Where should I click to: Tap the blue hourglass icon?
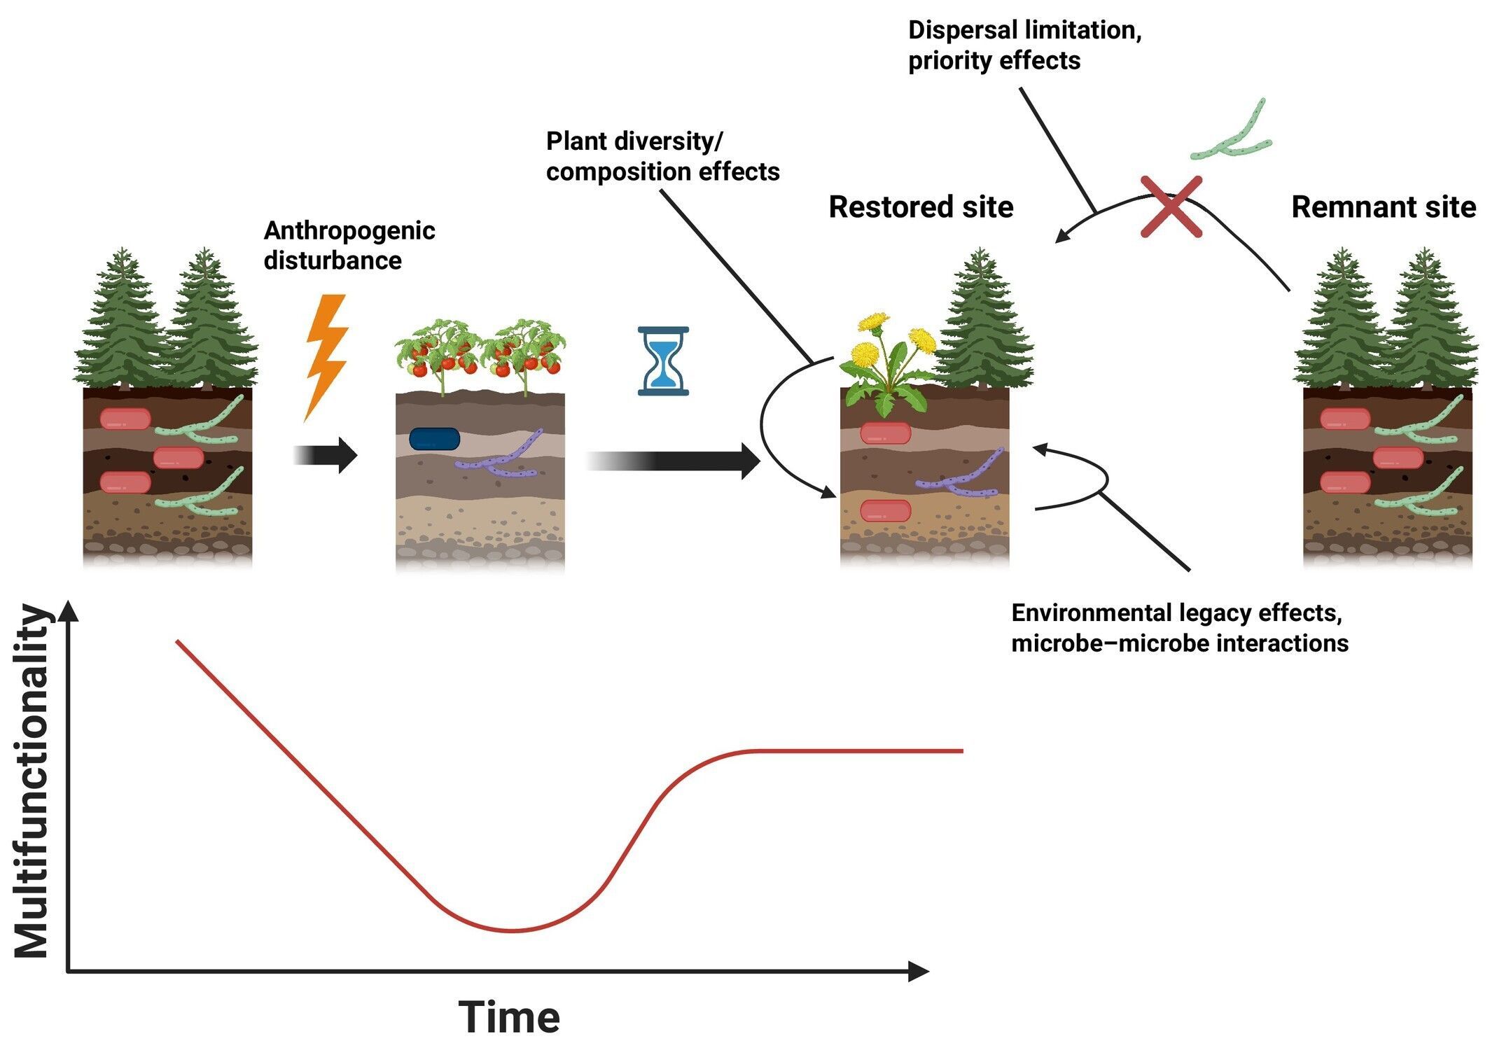pyautogui.click(x=663, y=361)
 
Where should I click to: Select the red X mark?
pyautogui.click(x=1171, y=207)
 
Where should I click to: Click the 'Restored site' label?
pyautogui.click(x=921, y=207)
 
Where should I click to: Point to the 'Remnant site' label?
pyautogui.click(x=1383, y=207)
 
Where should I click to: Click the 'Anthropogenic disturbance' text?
pyautogui.click(x=349, y=245)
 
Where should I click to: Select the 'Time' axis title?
pyautogui.click(x=509, y=1016)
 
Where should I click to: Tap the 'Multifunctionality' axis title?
pyautogui.click(x=32, y=781)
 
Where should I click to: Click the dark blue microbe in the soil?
pyautogui.click(x=434, y=439)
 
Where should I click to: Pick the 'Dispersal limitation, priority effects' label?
pyautogui.click(x=1024, y=46)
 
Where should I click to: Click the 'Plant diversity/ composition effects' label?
pyautogui.click(x=662, y=156)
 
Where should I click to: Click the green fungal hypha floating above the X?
pyautogui.click(x=1232, y=133)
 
